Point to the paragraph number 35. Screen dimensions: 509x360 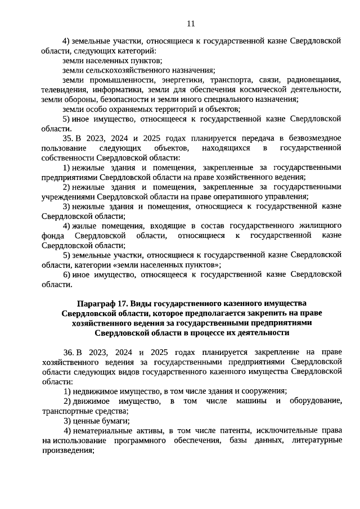[x=68, y=137]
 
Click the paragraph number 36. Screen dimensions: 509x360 [x=68, y=352]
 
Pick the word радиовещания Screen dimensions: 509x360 [x=312, y=80]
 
